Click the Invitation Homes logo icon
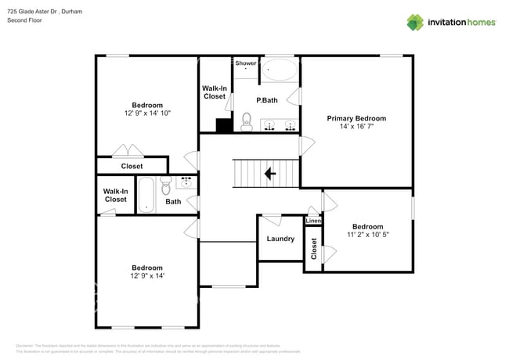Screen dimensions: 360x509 tap(414, 22)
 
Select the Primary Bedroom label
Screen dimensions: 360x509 tap(356, 118)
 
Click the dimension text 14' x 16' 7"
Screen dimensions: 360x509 tap(356, 127)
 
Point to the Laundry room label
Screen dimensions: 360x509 tap(280, 239)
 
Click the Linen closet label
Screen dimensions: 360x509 tap(313, 221)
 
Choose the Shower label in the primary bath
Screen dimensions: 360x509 tap(246, 63)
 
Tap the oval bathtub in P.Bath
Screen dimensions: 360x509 tap(279, 71)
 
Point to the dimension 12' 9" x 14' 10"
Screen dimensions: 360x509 tap(147, 113)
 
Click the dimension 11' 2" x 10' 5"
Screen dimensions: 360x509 tap(366, 234)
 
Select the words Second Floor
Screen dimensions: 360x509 tap(25, 20)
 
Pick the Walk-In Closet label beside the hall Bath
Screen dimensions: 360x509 tap(115, 195)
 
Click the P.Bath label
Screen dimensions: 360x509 tap(267, 100)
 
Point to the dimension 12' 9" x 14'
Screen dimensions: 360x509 tap(147, 275)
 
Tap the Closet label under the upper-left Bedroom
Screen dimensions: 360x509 tap(132, 166)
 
